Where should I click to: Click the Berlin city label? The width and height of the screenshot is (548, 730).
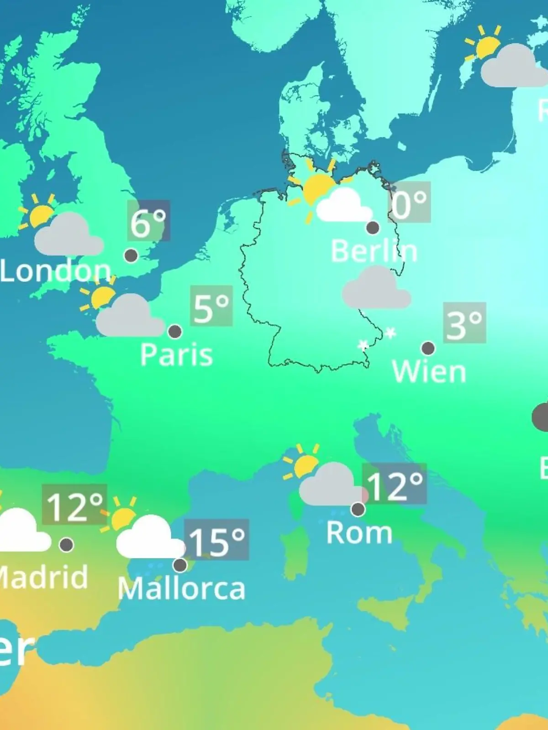tap(374, 251)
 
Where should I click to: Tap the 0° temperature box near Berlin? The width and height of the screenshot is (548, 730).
tap(410, 202)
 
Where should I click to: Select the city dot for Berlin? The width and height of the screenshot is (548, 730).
tap(373, 227)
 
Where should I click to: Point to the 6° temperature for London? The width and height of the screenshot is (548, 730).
tap(148, 221)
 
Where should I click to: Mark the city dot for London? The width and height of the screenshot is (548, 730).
tap(131, 255)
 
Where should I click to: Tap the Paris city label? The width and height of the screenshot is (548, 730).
tap(176, 355)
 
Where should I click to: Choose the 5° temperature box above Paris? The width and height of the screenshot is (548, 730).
tap(211, 306)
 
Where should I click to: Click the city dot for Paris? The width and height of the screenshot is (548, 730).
tap(175, 332)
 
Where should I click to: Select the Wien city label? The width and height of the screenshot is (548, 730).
tap(429, 371)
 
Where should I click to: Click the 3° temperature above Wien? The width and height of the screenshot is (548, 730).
tap(464, 323)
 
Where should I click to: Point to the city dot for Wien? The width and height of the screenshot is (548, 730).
tap(428, 349)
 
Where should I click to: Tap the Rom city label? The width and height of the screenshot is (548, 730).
tap(359, 532)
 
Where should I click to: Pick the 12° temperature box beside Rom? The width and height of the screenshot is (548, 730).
tap(395, 484)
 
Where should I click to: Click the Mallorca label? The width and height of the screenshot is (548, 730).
tap(181, 589)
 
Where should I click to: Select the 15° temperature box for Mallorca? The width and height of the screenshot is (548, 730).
tap(217, 540)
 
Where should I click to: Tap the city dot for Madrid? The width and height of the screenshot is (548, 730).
tap(67, 544)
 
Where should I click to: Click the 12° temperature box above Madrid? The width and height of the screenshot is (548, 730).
tap(74, 505)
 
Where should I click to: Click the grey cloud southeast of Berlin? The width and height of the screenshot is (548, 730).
tap(376, 288)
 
